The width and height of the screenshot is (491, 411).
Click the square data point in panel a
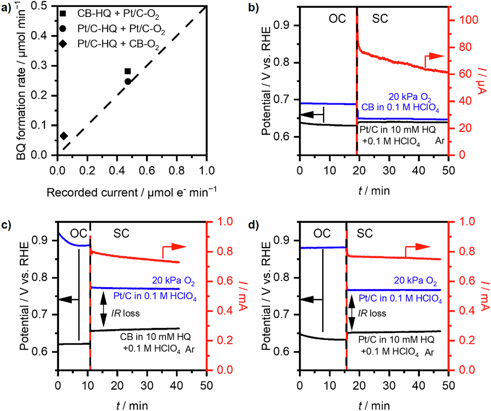128,71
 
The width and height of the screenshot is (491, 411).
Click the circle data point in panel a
128,81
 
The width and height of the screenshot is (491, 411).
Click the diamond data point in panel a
64,136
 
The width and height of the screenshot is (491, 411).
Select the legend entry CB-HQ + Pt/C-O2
118,14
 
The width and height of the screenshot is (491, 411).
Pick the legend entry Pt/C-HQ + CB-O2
118,44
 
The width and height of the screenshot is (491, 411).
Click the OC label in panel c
79,234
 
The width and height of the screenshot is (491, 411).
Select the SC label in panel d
364,234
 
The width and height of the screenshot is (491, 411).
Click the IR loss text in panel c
125,313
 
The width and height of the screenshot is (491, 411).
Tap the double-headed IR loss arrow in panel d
351,313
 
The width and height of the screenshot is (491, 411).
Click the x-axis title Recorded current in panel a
131,192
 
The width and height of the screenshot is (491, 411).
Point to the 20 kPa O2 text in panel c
173,281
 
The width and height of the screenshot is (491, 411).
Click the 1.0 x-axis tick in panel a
207,171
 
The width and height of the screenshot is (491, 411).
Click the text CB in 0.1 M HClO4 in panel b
400,108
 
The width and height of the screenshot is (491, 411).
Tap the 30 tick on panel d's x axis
389,385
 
